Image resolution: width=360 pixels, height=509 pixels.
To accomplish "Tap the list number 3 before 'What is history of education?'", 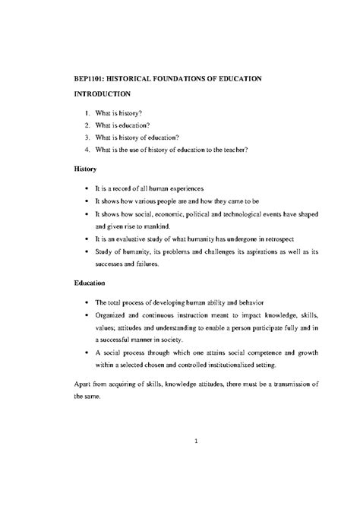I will click(87, 137).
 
